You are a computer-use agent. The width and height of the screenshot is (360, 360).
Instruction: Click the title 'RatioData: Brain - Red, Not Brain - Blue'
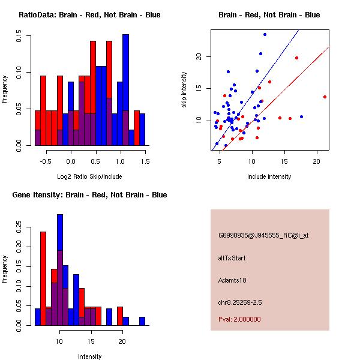click(x=89, y=14)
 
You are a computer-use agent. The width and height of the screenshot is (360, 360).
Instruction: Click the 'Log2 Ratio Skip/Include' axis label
click(x=89, y=176)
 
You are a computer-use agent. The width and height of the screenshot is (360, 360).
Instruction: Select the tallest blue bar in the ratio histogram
click(x=125, y=90)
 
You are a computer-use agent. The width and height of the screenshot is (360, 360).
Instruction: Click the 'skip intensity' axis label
click(x=185, y=90)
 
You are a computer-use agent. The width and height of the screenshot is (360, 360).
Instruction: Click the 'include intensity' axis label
click(x=269, y=176)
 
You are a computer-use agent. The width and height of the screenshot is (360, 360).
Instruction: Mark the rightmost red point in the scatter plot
click(x=325, y=97)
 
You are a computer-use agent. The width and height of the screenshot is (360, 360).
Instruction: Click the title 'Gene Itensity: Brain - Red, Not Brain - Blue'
click(x=89, y=194)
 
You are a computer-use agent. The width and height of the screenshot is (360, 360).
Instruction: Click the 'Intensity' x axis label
click(x=89, y=356)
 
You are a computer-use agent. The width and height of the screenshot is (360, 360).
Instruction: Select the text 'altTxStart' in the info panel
click(x=232, y=258)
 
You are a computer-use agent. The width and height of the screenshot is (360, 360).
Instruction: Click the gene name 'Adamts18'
click(x=232, y=280)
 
